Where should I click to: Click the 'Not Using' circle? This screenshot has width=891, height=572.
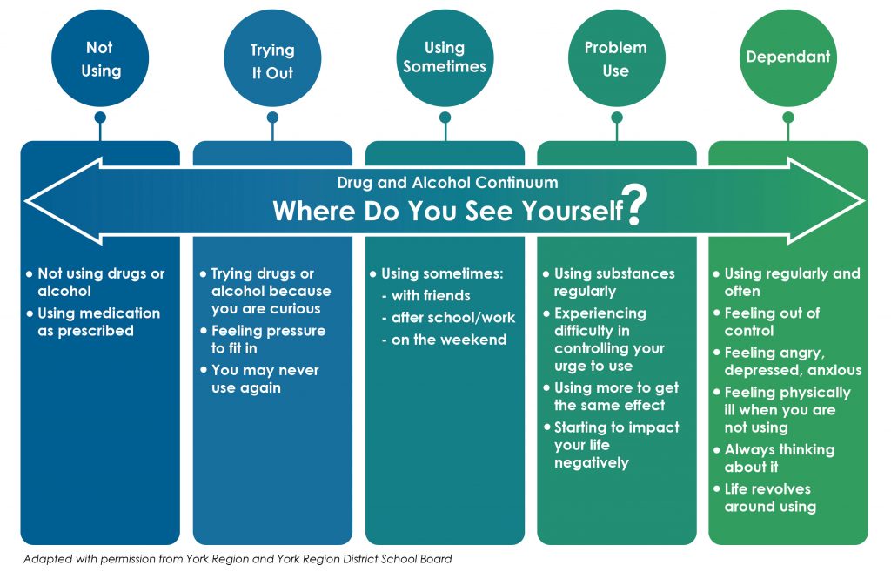point(100,58)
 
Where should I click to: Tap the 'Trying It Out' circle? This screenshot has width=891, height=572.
point(272,58)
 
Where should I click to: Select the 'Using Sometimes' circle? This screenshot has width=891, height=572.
point(445,58)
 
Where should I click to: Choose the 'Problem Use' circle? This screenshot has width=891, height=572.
point(617,58)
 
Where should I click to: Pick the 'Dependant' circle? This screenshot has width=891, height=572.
point(788,58)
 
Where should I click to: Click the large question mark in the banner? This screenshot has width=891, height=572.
point(634,205)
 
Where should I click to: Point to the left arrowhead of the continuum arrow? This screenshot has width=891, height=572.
point(63,201)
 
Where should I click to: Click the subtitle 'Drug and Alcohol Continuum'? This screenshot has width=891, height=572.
point(447,183)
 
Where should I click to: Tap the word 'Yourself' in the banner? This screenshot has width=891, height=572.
point(573,211)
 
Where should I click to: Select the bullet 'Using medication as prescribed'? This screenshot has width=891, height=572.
point(94,322)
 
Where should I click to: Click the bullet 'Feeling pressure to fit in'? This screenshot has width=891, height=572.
point(263,340)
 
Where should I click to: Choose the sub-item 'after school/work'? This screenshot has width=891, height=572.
point(449,317)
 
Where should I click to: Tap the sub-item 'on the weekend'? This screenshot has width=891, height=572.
point(444,340)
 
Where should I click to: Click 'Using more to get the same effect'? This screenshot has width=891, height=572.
point(611,396)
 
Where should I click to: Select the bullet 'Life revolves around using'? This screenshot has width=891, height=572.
point(765,497)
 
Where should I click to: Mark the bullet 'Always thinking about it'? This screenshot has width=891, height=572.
point(774,458)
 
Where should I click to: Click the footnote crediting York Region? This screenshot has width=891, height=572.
point(238,559)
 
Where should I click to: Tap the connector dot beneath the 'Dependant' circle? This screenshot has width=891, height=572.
point(788,118)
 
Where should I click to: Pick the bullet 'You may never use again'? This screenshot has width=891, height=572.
point(259,379)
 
